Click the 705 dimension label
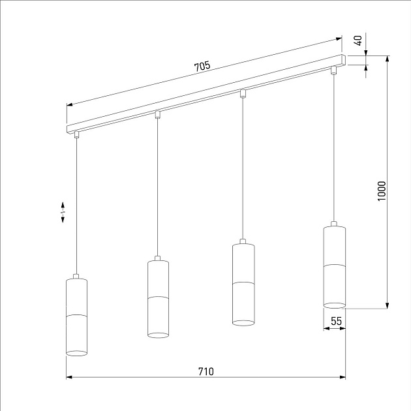202,66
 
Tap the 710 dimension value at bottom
205,371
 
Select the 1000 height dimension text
382,190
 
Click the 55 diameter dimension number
337,321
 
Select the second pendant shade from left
158,298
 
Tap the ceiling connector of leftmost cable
76,134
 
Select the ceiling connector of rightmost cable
334,70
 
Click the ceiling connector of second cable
158,114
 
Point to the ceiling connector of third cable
243,93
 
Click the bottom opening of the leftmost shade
76,353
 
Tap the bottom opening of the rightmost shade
334,305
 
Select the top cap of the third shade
243,243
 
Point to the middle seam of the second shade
158,297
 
